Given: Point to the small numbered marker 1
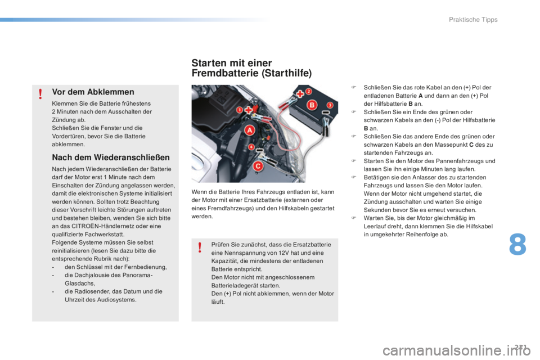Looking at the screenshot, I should click(x=238, y=109).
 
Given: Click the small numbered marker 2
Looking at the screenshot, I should click(x=308, y=91).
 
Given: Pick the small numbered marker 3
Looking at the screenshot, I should click(x=330, y=105).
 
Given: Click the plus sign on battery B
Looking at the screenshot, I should click(x=299, y=93).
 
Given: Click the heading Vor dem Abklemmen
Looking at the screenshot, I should click(x=93, y=92).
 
